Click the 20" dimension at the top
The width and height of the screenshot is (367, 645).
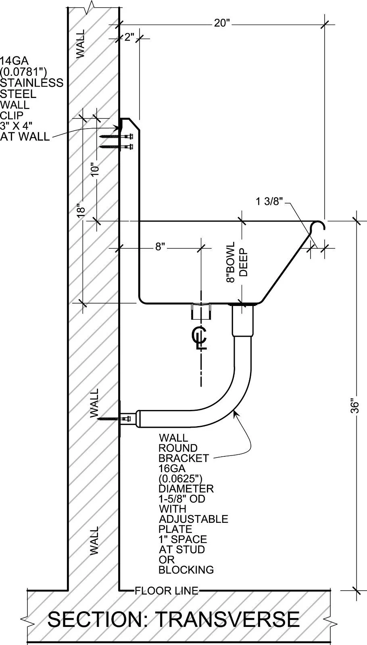(222, 23)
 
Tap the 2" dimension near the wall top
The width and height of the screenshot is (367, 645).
(129, 38)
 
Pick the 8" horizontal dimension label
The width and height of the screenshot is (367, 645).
(160, 247)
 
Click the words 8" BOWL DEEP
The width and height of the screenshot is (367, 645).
(237, 262)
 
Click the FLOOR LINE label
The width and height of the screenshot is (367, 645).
(167, 591)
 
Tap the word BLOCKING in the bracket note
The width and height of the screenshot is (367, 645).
(186, 570)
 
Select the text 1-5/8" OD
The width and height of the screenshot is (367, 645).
(182, 499)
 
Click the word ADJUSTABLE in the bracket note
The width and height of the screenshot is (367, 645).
(194, 519)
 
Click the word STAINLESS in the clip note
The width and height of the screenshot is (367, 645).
(31, 83)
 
